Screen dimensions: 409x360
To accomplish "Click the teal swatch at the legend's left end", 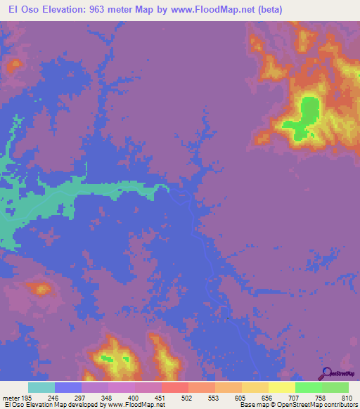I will [41, 387].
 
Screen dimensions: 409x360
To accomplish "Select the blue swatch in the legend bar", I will [68, 387].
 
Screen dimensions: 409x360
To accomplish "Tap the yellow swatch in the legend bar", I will [282, 387].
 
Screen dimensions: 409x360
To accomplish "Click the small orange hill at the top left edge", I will [13, 65].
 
